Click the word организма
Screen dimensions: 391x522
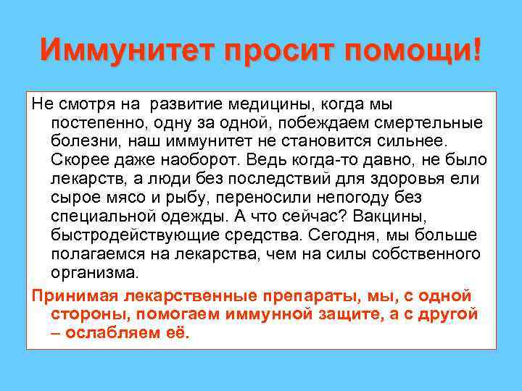coord(94,273)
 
